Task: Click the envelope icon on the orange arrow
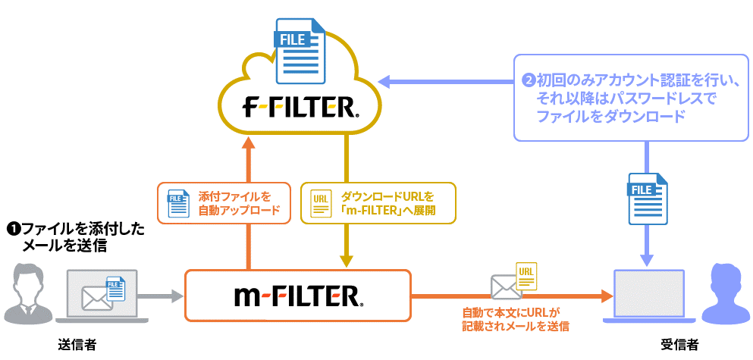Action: [x=505, y=287]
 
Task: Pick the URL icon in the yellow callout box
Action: [x=322, y=203]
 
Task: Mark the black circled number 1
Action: [x=12, y=228]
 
